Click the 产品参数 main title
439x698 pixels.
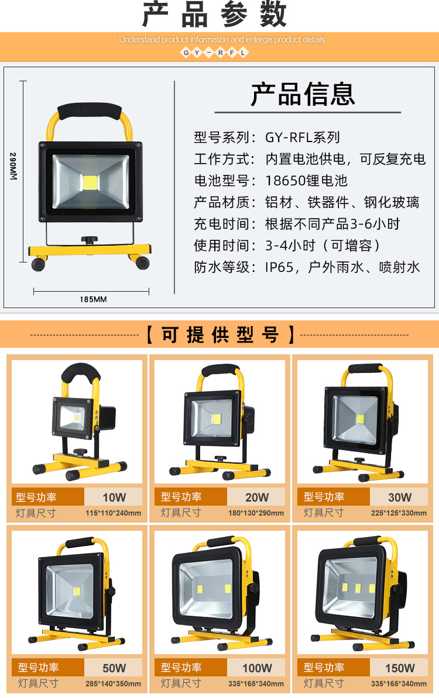point(215,16)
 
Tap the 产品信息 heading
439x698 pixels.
point(303,94)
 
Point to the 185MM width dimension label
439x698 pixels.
point(92,299)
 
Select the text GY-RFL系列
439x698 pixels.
point(303,138)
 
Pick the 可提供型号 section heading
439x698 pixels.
point(220,335)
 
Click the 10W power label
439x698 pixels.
point(114,497)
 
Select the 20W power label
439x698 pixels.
point(257,497)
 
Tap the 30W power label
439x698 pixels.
point(400,497)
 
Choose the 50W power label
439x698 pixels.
point(114,668)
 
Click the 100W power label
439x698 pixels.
point(257,668)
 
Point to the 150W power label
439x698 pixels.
point(400,668)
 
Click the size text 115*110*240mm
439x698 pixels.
point(114,513)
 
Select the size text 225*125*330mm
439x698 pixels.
point(399,513)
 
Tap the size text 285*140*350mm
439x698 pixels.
point(114,683)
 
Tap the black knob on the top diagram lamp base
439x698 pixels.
point(89,240)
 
